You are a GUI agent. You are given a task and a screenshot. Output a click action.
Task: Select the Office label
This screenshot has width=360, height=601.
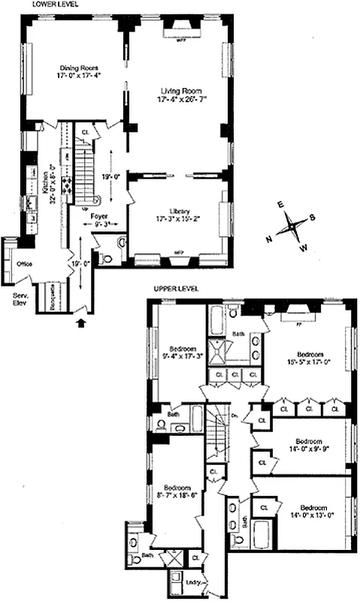tap(23, 264)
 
